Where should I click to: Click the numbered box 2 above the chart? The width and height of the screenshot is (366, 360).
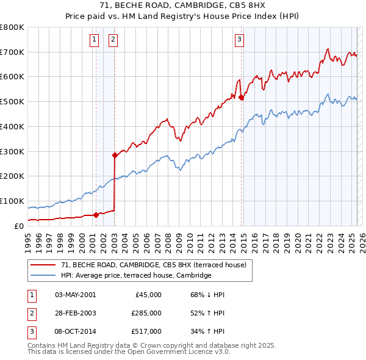pyautogui.click(x=113, y=40)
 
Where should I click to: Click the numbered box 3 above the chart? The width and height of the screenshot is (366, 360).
pyautogui.click(x=240, y=40)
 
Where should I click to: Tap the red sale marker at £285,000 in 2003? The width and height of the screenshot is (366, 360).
pyautogui.click(x=114, y=155)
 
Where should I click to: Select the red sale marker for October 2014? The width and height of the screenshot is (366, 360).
pyautogui.click(x=242, y=97)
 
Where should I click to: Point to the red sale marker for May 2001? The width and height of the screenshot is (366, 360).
pyautogui.click(x=96, y=214)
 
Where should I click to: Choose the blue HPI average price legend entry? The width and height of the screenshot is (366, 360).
pyautogui.click(x=135, y=276)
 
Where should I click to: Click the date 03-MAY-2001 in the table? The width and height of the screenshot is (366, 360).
pyautogui.click(x=75, y=295)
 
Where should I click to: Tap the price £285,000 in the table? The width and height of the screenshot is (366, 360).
pyautogui.click(x=146, y=313)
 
